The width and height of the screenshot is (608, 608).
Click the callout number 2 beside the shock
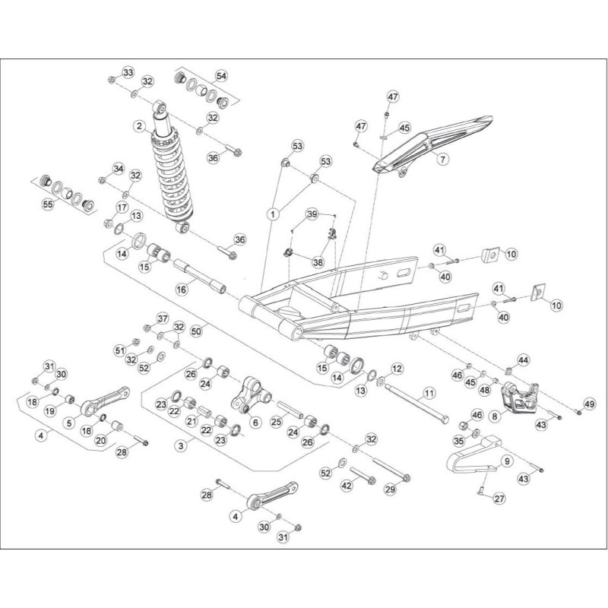point(140,126)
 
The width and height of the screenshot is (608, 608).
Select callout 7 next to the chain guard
point(444,158)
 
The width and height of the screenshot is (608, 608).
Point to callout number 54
point(221,76)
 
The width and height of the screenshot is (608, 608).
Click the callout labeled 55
point(48,204)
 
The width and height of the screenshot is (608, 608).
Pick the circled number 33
point(128,72)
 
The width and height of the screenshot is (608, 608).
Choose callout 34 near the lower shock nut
point(119,169)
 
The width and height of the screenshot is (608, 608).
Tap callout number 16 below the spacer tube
point(182,289)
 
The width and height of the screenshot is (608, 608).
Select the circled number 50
point(197,331)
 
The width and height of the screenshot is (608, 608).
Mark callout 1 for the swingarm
point(273,214)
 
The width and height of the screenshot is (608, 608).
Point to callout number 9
point(507,461)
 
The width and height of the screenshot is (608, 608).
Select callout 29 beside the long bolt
point(391,489)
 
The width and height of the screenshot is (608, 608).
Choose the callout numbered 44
point(524,360)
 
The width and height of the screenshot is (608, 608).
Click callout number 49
point(590,404)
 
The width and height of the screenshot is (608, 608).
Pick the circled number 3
point(181,446)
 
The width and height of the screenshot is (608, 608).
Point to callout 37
point(163,318)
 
